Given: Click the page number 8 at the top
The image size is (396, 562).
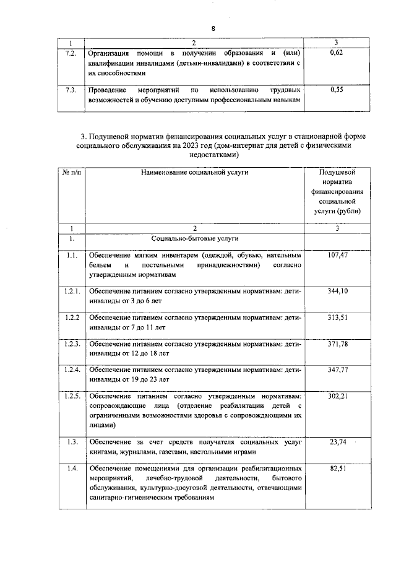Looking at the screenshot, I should [x=213, y=29].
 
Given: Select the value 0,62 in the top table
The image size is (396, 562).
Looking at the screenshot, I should [x=337, y=54].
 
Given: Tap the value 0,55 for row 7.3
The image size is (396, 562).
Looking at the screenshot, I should [x=337, y=90].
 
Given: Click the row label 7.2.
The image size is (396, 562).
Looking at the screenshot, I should [x=71, y=54].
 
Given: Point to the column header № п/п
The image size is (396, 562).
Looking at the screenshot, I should [x=71, y=172].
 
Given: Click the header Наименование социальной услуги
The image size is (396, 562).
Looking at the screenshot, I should [x=195, y=172].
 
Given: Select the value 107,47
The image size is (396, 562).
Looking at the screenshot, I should [x=337, y=255].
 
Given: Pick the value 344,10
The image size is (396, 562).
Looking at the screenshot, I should [x=337, y=290].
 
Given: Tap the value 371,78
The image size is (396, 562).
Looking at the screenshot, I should [x=337, y=344].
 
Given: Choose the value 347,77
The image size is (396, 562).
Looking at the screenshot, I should [x=337, y=370].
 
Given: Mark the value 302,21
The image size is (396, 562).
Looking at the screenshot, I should [x=337, y=396].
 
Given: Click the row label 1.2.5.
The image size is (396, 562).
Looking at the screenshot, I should [x=71, y=396].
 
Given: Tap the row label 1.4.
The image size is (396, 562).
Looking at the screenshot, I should [x=71, y=469].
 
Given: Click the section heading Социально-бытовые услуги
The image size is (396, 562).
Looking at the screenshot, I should [x=195, y=238].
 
